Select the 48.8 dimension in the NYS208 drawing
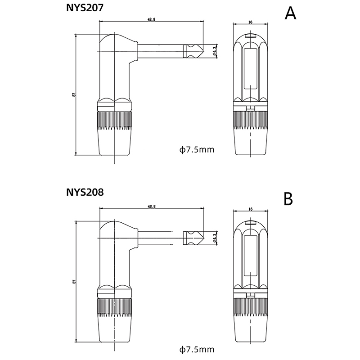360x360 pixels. (x=151, y=207)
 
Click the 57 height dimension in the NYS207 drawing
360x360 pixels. (x=73, y=94)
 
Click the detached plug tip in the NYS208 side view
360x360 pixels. (x=193, y=237)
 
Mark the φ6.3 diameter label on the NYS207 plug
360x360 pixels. (x=215, y=50)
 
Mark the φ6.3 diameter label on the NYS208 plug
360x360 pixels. (x=215, y=237)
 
